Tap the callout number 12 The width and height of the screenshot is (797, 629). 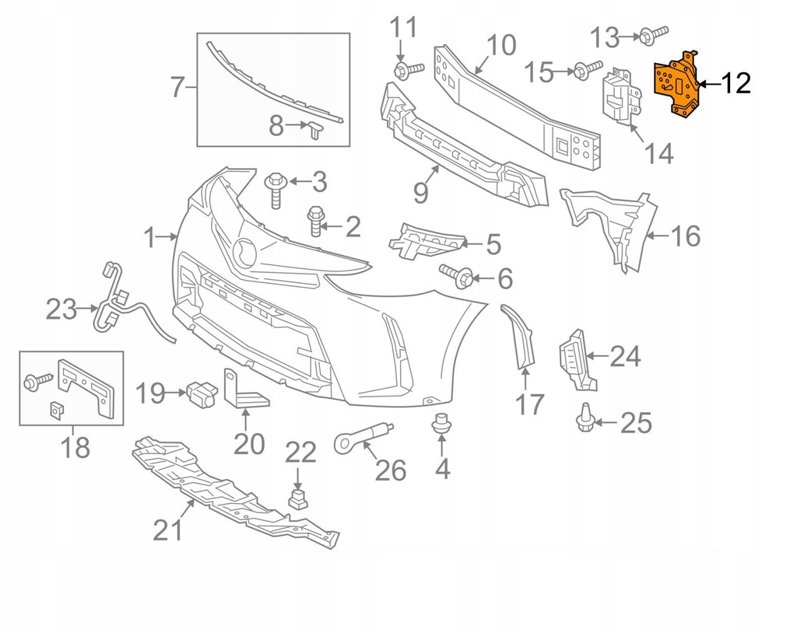[x=735, y=83]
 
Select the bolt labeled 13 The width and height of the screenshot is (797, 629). [x=655, y=33]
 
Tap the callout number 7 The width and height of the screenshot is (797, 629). [x=177, y=88]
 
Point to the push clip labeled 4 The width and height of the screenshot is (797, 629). [x=441, y=425]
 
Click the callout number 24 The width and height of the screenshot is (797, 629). [x=625, y=357]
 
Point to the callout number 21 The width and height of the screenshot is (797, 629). [x=167, y=529]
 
